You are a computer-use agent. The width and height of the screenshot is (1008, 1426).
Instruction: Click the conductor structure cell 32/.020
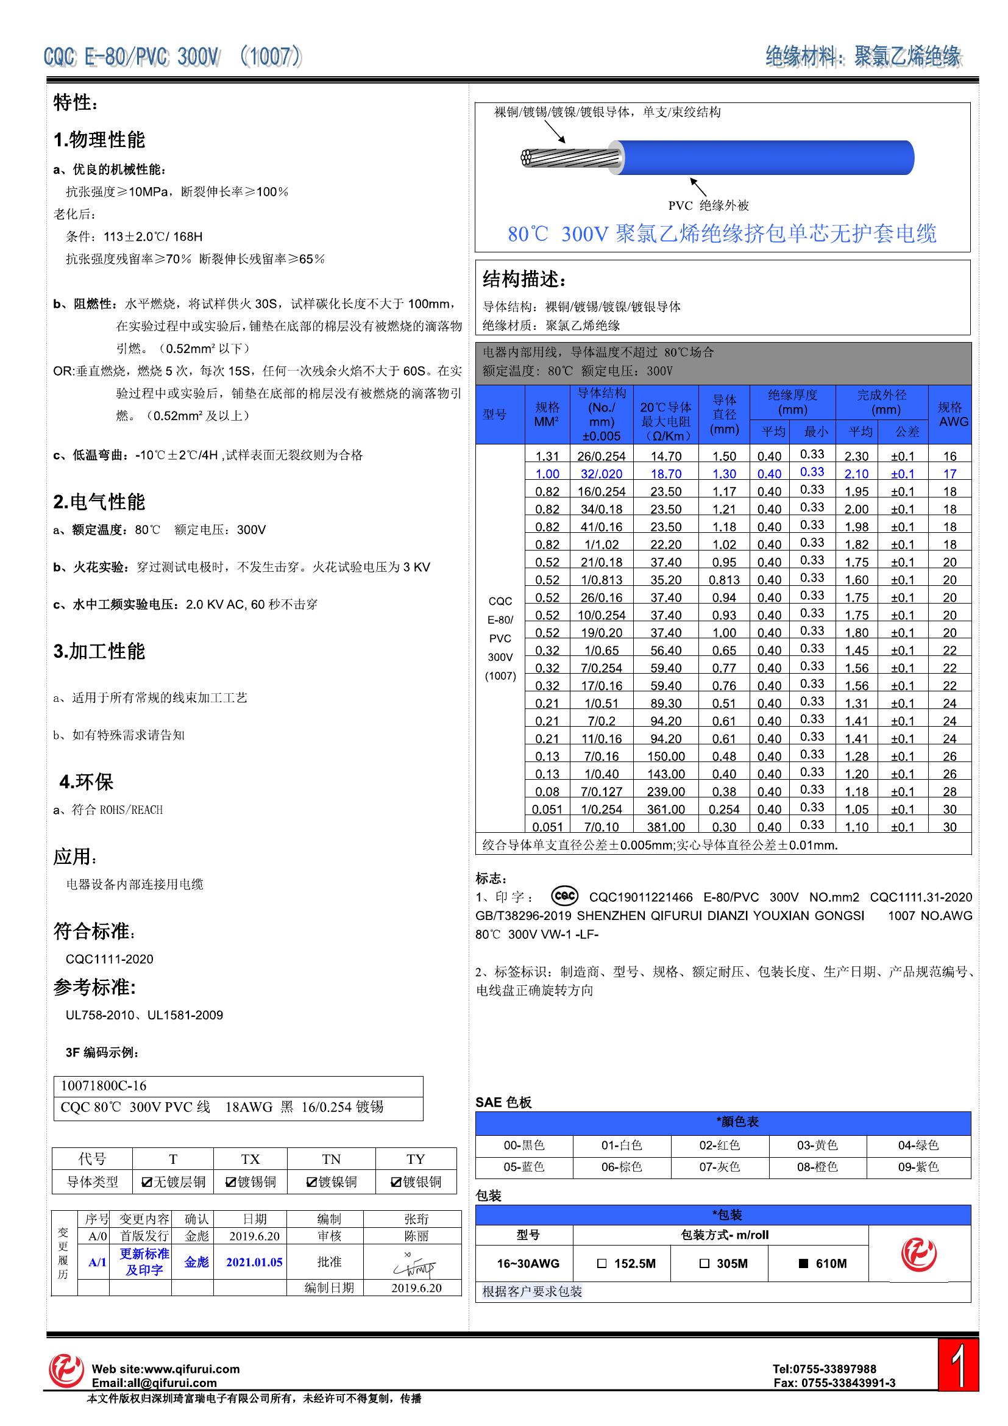point(601,474)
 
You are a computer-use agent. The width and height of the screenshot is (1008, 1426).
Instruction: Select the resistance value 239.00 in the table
point(665,792)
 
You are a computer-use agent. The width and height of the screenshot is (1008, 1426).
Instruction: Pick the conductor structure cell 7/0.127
point(601,792)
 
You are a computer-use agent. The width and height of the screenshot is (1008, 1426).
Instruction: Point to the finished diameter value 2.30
point(856,457)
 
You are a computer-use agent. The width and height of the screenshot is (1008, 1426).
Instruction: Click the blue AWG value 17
point(949,474)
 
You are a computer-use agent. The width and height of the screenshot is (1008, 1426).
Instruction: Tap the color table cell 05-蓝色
point(524,1167)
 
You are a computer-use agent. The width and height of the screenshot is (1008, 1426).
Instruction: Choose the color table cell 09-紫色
point(918,1167)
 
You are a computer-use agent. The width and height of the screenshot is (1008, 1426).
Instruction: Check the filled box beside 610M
point(803,1264)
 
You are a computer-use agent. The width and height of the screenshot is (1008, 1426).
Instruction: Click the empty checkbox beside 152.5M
point(601,1264)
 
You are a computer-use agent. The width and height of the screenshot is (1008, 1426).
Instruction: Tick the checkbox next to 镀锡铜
point(230,1182)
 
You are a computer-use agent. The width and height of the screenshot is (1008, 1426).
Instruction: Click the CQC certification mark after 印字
point(564,896)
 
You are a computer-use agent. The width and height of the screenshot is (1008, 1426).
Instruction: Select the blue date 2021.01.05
point(254,1262)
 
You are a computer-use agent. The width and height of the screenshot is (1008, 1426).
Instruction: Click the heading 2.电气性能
point(99,502)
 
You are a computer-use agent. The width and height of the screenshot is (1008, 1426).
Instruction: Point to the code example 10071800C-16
point(104,1086)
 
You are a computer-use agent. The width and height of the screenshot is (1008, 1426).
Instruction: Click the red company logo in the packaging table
point(918,1255)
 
